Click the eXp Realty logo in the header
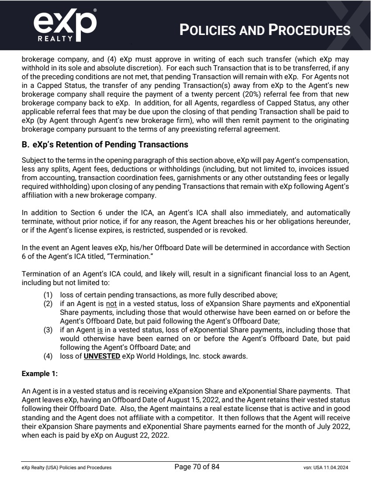tap(65, 25)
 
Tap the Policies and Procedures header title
tap(265, 30)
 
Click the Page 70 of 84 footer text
tap(197, 467)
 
